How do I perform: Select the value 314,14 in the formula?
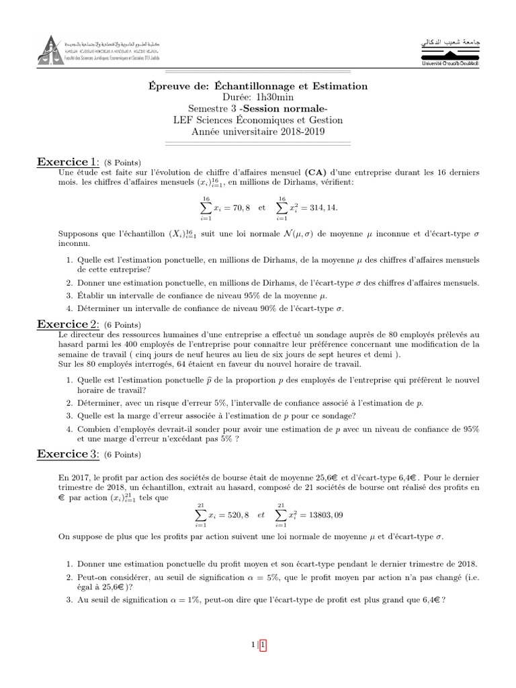pos(322,208)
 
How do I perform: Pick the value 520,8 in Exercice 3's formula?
pos(236,515)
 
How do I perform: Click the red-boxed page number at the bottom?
pos(263,646)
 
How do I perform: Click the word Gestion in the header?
pos(326,120)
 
